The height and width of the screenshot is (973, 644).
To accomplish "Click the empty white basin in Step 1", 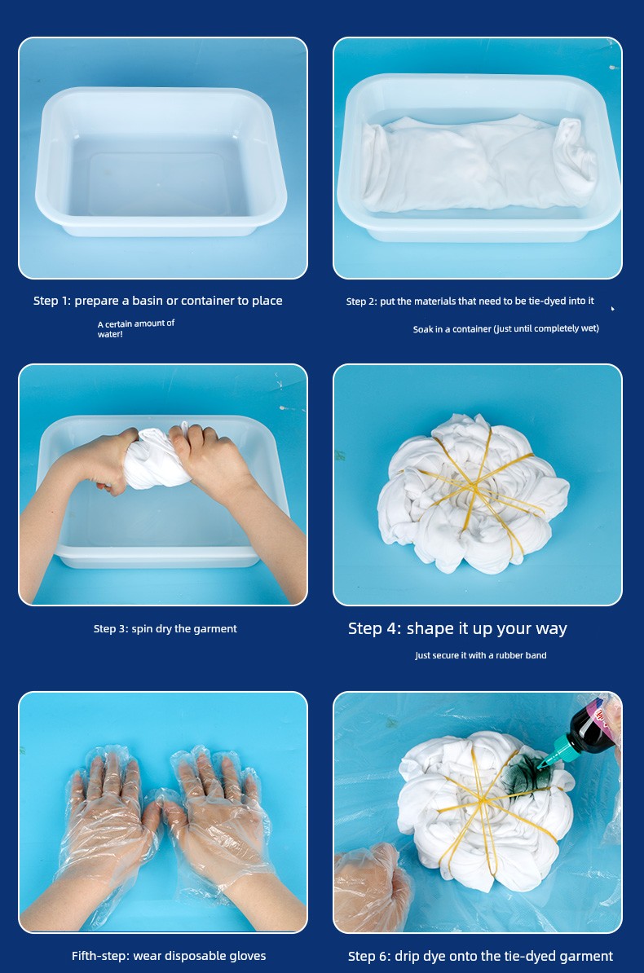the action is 161,161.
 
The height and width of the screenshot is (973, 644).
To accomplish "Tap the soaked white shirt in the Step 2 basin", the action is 479,164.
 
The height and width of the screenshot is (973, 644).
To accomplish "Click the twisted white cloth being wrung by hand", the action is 157,457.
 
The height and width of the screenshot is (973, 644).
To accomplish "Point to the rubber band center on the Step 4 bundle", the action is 476,491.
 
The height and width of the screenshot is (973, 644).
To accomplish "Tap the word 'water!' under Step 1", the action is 110,334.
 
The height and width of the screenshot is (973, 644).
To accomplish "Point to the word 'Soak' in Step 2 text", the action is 423,329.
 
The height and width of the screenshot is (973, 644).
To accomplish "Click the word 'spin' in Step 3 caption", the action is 142,629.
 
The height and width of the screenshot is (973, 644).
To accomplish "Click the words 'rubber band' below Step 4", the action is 521,655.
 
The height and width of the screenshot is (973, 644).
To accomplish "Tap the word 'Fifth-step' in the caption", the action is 99,956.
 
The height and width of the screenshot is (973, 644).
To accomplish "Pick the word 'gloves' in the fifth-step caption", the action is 247,957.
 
